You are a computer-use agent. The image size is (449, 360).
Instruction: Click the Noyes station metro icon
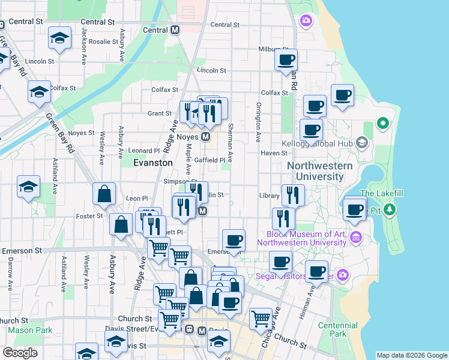(205, 137)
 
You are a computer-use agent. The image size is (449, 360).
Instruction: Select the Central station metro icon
(175, 30)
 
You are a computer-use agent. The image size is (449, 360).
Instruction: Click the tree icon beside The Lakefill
(390, 209)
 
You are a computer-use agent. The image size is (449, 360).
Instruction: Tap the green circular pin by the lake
(382, 124)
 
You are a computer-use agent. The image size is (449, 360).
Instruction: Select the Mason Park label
(30, 330)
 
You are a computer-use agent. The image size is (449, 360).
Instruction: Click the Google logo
(20, 353)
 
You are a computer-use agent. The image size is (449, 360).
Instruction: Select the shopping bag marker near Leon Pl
(104, 194)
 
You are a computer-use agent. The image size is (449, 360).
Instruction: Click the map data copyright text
(412, 355)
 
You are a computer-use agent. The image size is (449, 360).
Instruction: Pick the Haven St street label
(274, 153)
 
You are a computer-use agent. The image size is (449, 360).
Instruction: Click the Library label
(270, 196)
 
